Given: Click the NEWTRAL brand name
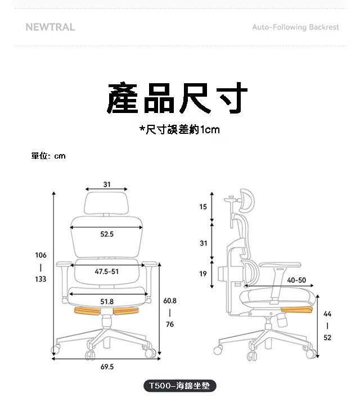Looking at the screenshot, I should (x=50, y=27).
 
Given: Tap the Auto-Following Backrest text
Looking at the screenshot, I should (x=295, y=27).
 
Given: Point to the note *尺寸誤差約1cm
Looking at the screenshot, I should (x=179, y=130).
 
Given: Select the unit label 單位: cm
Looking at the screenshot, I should (x=48, y=156).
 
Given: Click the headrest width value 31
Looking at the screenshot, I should (x=107, y=184).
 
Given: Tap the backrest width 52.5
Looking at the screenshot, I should (x=107, y=234).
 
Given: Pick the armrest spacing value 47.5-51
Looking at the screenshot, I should (x=106, y=272).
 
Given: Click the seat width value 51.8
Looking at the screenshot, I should (x=107, y=301).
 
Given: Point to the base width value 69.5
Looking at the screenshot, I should (x=107, y=367).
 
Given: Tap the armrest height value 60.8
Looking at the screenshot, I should (x=170, y=301).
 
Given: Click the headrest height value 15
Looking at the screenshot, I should (x=203, y=207).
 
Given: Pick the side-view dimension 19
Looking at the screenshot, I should (x=203, y=274).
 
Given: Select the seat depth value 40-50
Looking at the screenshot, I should (x=296, y=280).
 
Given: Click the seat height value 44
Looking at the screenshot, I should (x=327, y=314).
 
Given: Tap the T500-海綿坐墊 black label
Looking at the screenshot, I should (x=179, y=386).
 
